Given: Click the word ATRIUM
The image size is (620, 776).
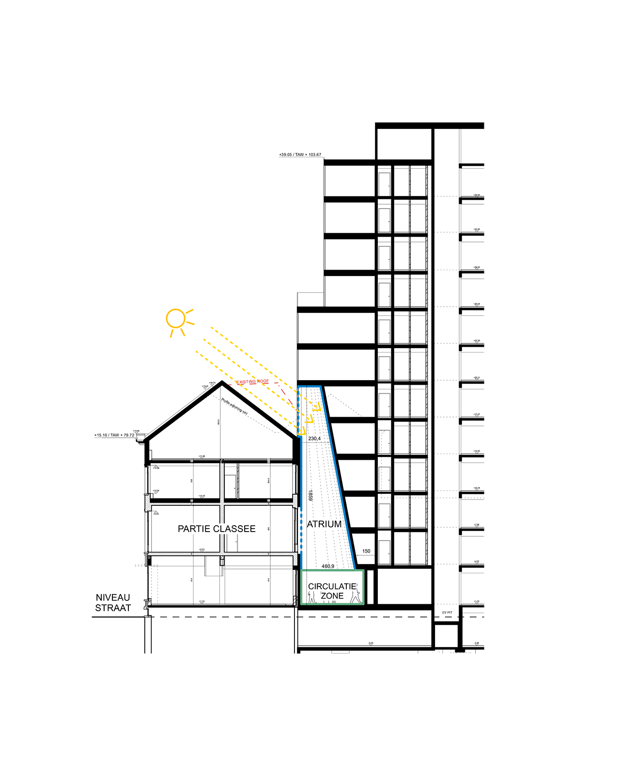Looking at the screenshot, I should click(324, 524).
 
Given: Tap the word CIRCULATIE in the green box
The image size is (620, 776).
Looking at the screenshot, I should click(332, 586).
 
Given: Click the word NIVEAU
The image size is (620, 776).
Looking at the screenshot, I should click(113, 598).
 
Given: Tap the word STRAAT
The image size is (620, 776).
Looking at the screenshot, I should click(113, 608).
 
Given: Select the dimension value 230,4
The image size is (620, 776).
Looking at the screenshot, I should click(314, 438).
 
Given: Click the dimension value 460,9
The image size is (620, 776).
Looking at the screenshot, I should click(328, 566).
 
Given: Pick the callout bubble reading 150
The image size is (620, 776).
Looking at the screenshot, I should click(366, 550).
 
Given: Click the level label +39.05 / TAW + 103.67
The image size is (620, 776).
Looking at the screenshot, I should click(300, 155).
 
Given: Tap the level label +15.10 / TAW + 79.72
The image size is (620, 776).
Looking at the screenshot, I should click(114, 435).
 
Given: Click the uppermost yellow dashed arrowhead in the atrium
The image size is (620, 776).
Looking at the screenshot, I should click(318, 405).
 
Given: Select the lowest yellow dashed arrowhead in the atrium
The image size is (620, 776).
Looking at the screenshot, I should click(302, 431).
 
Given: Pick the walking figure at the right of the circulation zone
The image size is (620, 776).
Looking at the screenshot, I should click(357, 594).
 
